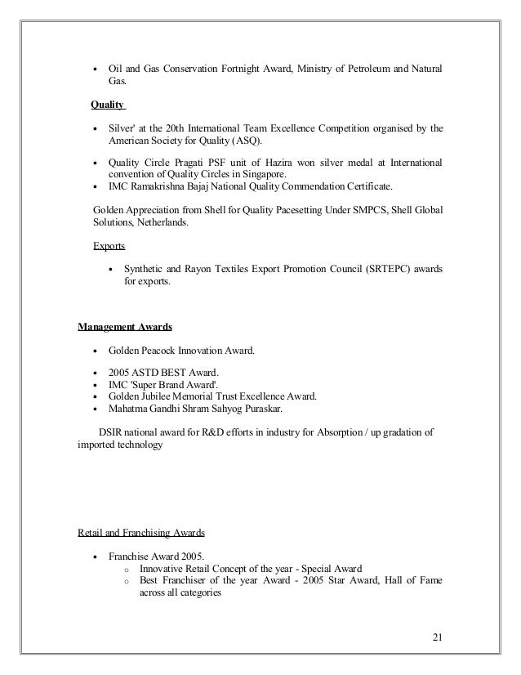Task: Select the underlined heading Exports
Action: pyautogui.click(x=109, y=244)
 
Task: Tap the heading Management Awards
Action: pyautogui.click(x=124, y=328)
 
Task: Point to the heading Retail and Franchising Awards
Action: pyautogui.click(x=141, y=532)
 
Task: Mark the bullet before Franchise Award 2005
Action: pyautogui.click(x=98, y=556)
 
